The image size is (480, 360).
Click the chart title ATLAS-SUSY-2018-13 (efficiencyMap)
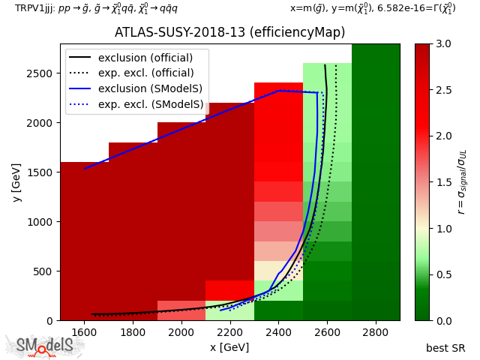[x=229, y=33]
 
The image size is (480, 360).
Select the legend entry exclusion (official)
[x=145, y=58]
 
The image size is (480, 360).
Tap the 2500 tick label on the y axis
[x=41, y=73]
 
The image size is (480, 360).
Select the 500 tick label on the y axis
[x=44, y=271]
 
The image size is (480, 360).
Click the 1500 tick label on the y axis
[x=41, y=172]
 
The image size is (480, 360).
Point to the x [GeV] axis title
[x=229, y=347]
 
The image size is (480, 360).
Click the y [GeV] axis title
[x=16, y=182]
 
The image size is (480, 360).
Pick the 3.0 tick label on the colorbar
[x=442, y=43]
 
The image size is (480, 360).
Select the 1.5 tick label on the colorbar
[x=442, y=182]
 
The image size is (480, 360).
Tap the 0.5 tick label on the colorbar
[x=442, y=274]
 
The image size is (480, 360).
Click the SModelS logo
[x=45, y=346]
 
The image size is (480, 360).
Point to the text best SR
[x=445, y=348]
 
